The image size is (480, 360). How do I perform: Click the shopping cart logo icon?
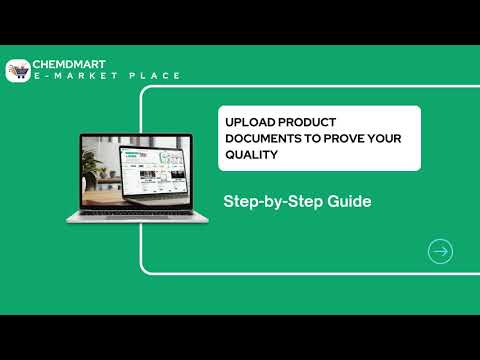[18, 70]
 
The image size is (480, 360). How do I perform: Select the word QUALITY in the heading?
[250, 155]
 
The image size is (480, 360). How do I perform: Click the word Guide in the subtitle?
[349, 201]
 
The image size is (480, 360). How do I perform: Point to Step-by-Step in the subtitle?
[272, 201]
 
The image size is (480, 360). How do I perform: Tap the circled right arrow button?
[439, 251]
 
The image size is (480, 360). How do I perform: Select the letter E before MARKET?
[39, 77]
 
